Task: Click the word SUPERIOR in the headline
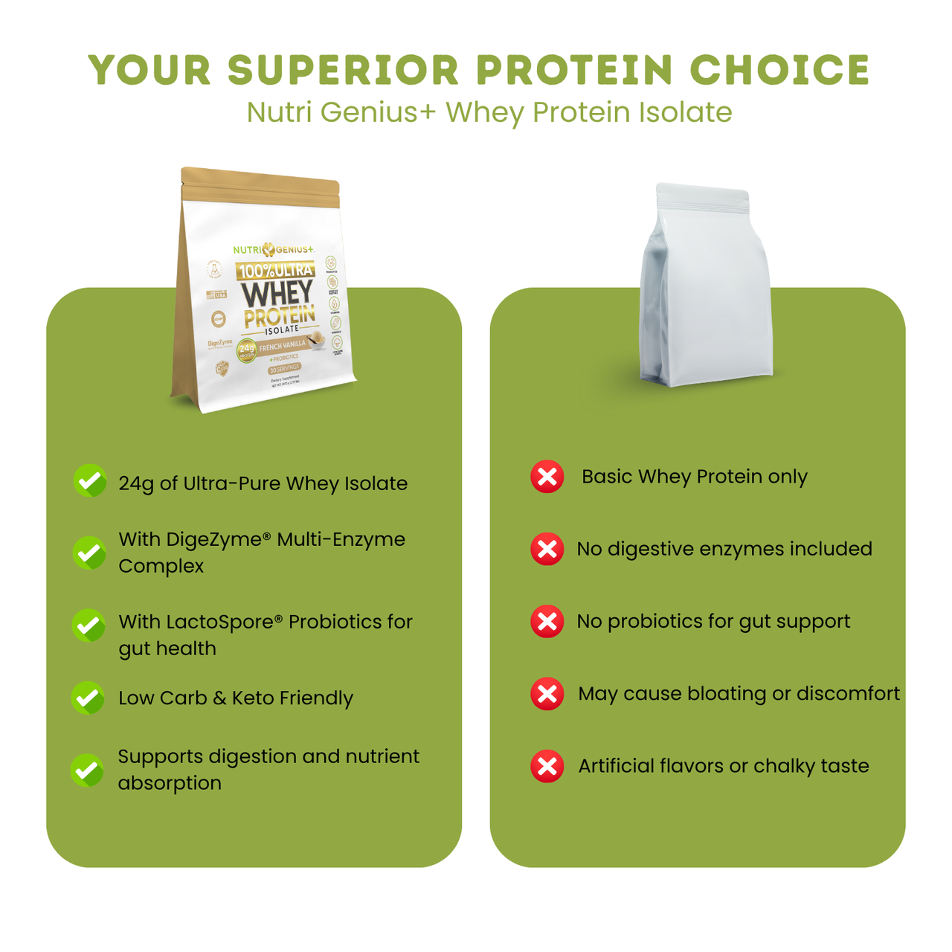tap(344, 71)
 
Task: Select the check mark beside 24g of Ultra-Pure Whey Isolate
tap(90, 481)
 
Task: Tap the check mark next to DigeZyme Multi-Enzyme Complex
tap(89, 553)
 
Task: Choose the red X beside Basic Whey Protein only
tap(547, 477)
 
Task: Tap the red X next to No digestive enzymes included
tap(547, 549)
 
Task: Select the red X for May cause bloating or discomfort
tap(547, 694)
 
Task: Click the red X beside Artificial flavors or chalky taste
tap(547, 766)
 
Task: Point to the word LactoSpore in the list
tap(224, 622)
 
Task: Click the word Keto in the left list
tap(253, 698)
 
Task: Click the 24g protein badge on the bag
tap(246, 350)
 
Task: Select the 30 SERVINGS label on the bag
tap(285, 368)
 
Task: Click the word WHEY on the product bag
tap(276, 293)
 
